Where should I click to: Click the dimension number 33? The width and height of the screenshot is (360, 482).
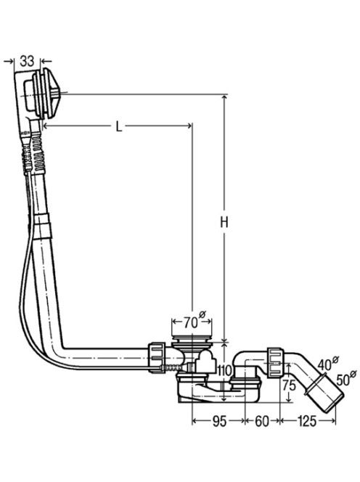(x=27, y=61)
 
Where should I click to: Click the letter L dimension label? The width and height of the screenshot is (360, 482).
(x=119, y=126)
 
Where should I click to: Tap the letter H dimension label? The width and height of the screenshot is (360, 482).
(x=224, y=222)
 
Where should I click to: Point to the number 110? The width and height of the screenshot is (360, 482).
(x=225, y=371)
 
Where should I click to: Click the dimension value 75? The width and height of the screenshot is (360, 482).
(x=289, y=385)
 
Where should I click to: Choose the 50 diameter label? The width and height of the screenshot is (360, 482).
(x=346, y=379)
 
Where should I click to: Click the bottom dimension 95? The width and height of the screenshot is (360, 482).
(x=219, y=422)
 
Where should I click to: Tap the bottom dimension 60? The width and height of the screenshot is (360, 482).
(x=262, y=422)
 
